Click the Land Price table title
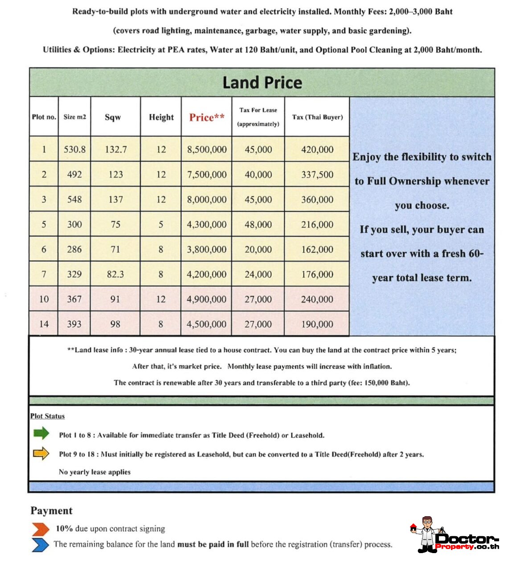coord(262,83)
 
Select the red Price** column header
coord(206,117)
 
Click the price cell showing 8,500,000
coord(206,150)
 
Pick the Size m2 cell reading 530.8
coord(74,150)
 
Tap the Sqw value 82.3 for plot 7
coord(115,275)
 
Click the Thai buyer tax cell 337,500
coord(317,174)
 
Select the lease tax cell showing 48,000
coord(258,225)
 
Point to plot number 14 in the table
coord(44,324)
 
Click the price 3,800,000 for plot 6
coord(206,250)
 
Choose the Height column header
coord(161,117)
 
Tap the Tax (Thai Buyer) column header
coord(317,117)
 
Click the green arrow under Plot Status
coord(41,433)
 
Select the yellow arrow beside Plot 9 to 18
coord(41,453)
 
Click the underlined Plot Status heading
coord(47,416)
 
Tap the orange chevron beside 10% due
coord(41,529)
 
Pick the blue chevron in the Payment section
coord(41,545)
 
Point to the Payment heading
coord(51,511)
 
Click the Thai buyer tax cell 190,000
coord(317,324)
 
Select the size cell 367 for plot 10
coord(74,299)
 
